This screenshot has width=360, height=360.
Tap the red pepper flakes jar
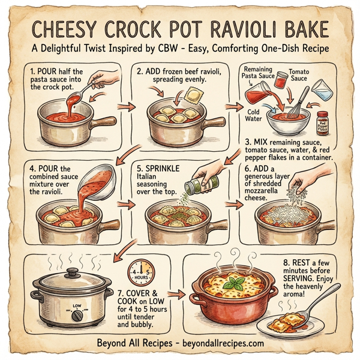tap(322, 123)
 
